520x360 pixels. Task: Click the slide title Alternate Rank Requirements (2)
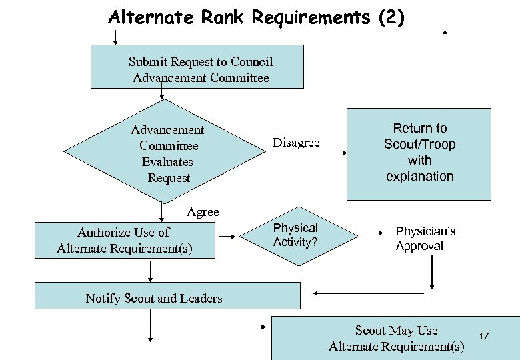[256, 17]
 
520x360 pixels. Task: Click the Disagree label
[296, 143]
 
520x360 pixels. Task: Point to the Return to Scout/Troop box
[419, 153]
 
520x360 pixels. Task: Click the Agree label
[203, 212]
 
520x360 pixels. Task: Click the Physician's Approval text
[425, 238]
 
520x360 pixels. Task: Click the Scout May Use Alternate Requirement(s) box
[396, 338]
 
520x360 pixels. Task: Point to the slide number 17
[484, 336]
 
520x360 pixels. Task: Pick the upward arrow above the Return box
[445, 67]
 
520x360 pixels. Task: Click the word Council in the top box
[251, 62]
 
